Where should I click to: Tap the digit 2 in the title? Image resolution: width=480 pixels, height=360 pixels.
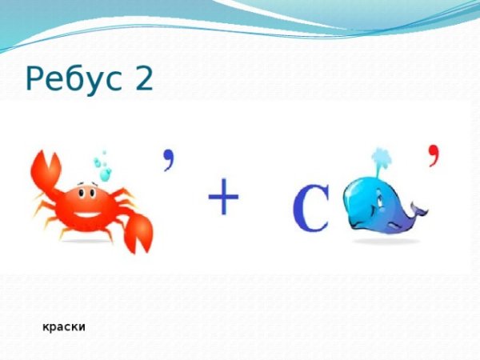point(142,78)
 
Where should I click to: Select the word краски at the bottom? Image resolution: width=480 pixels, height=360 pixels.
point(65,327)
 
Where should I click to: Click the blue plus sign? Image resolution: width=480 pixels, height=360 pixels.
point(224,197)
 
